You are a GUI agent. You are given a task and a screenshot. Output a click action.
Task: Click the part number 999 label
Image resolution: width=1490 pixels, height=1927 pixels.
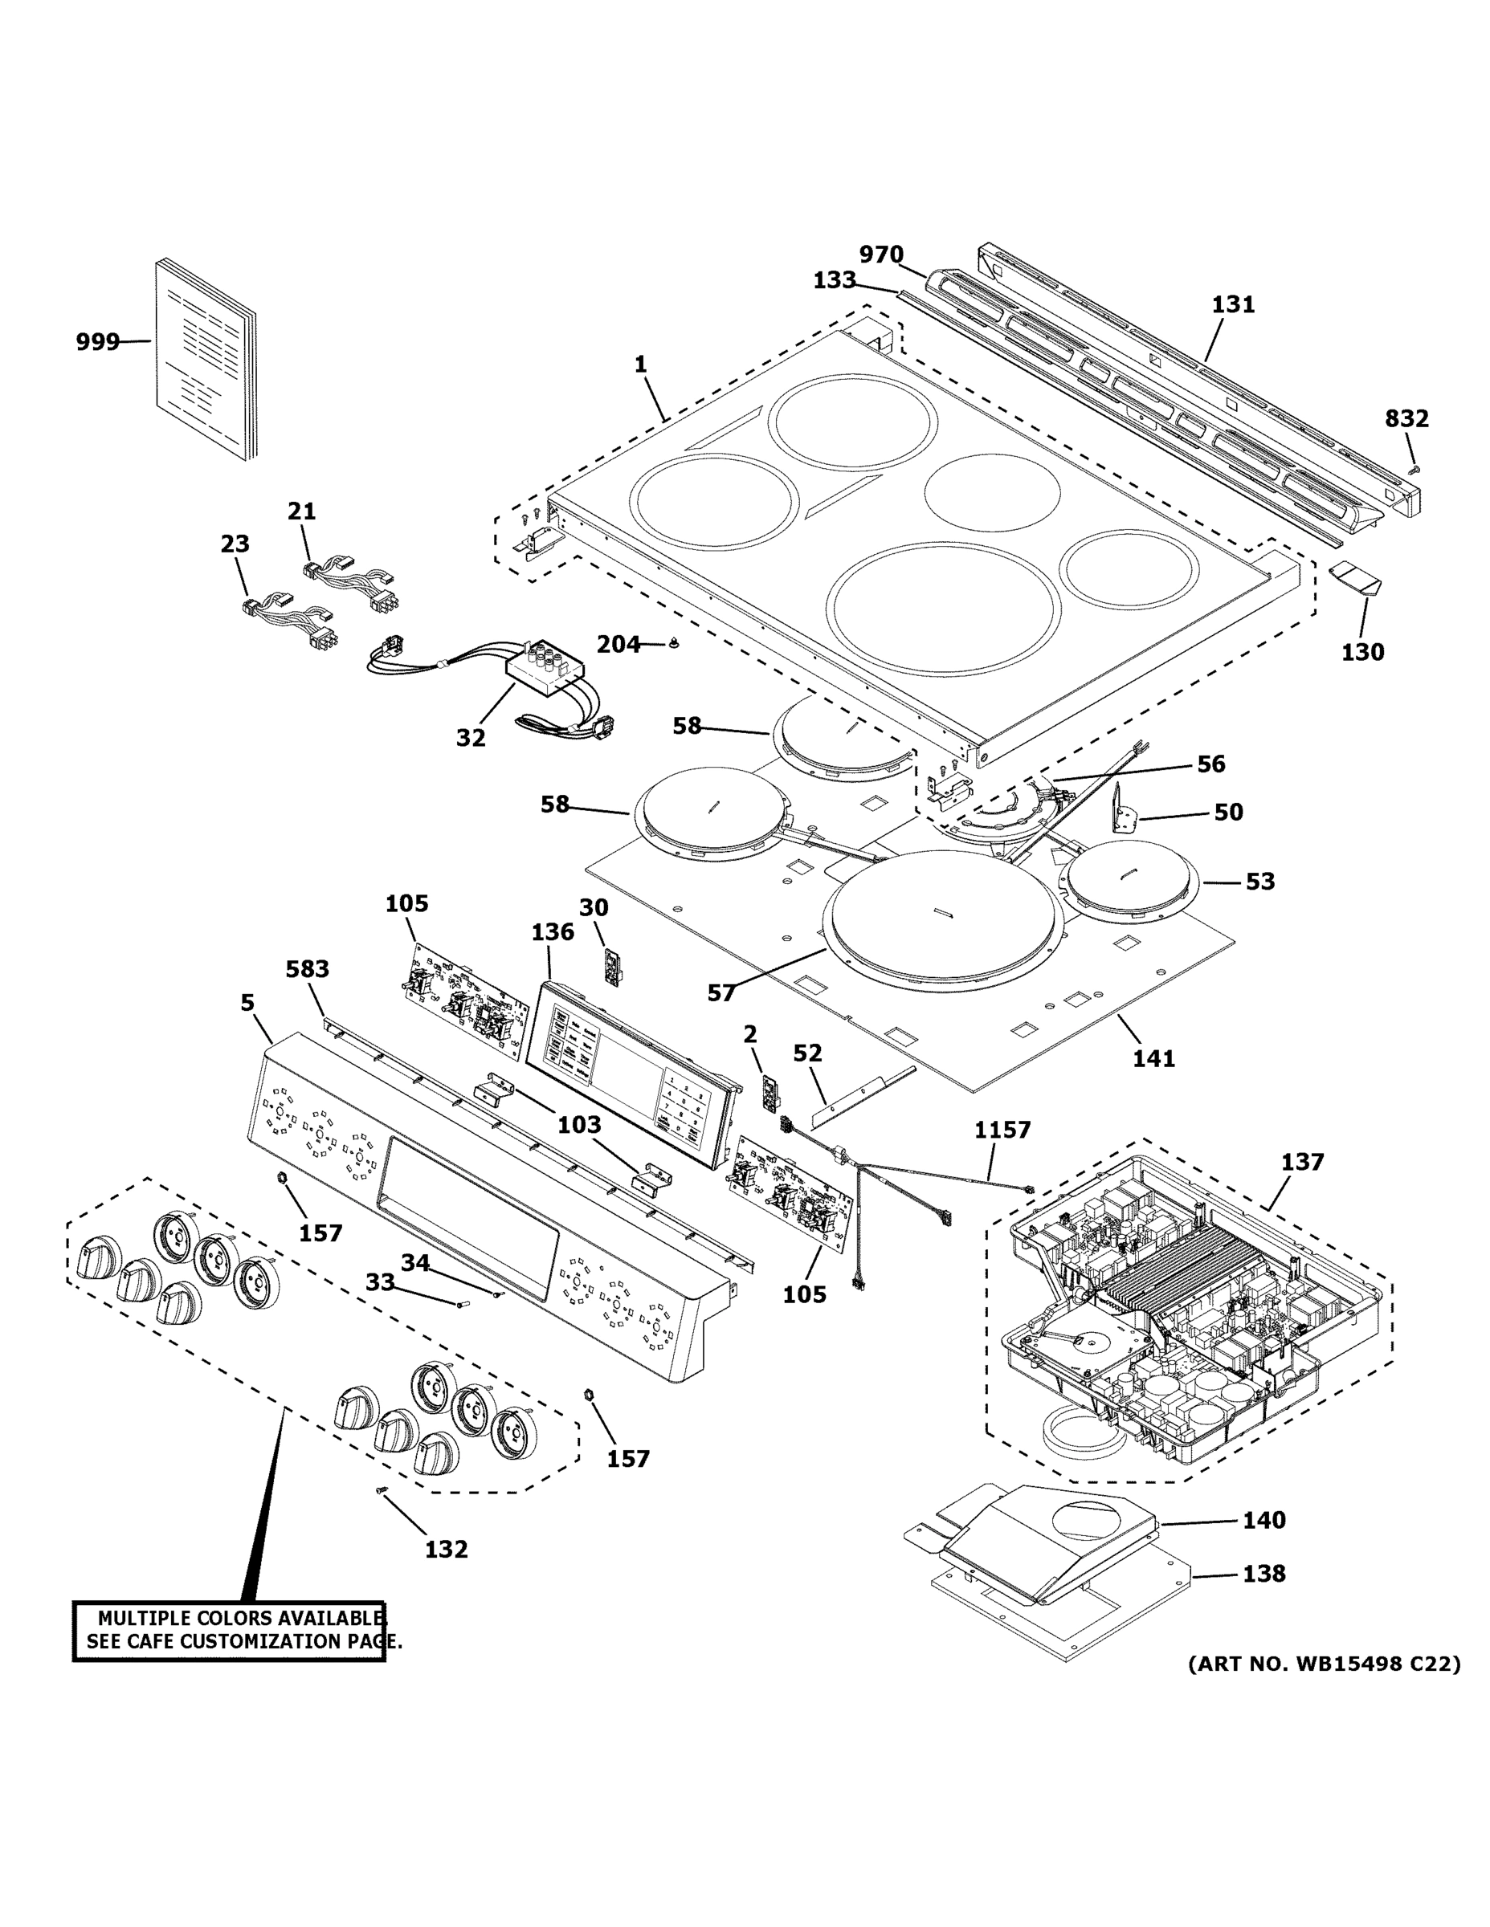coord(97,341)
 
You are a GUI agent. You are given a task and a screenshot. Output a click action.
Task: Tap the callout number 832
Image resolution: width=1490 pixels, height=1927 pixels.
coord(1406,418)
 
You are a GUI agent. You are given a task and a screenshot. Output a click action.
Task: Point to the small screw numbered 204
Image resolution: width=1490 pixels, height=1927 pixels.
coord(675,643)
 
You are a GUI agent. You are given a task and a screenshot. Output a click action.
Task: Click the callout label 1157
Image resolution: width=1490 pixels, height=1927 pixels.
coord(1002,1130)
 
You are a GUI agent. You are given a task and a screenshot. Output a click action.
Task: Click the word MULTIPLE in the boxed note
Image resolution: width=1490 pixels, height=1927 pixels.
coord(144,1618)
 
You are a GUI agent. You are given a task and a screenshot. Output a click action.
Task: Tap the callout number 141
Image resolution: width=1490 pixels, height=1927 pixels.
coord(1153,1058)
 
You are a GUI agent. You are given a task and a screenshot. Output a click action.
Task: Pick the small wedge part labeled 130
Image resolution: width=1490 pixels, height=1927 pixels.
coord(1356,580)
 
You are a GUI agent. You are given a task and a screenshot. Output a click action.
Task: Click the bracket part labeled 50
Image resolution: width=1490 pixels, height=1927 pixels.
coord(1121,810)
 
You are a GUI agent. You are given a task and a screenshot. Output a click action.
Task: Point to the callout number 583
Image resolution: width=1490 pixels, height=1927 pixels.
coord(307,969)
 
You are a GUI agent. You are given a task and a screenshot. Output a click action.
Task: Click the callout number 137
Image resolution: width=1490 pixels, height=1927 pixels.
coord(1303,1162)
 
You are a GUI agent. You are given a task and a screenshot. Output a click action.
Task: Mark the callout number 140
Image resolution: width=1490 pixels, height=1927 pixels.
coord(1264,1520)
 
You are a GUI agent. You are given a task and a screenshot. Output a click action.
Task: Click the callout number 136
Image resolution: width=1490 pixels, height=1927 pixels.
coord(553,931)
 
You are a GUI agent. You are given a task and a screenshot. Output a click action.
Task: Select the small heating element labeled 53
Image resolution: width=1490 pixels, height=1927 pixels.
coord(1133,880)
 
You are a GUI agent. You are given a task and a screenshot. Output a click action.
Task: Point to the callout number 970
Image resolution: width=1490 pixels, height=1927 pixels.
coord(881,255)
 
